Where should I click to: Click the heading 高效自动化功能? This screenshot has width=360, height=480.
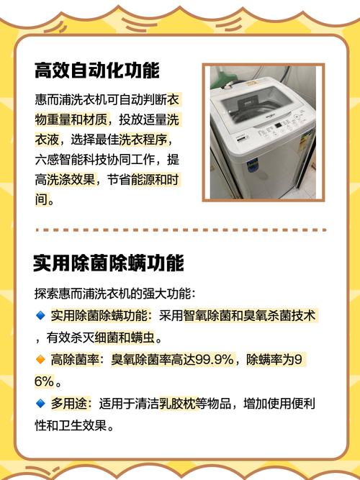(96, 71)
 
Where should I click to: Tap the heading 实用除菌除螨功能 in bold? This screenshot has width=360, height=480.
(108, 263)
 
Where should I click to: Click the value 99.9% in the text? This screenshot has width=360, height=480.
(215, 359)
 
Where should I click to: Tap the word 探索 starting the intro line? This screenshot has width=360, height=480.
(45, 294)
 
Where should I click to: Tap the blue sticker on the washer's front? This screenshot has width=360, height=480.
(252, 165)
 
